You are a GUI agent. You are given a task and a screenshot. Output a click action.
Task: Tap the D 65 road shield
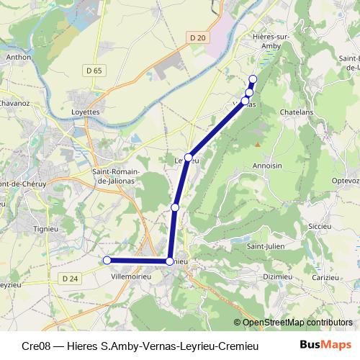(x=94, y=71)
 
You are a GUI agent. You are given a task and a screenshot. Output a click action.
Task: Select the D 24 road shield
(x=70, y=279)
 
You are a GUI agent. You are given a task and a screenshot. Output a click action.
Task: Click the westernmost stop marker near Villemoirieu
(x=107, y=260)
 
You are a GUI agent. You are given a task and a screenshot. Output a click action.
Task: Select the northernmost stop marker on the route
(x=253, y=79)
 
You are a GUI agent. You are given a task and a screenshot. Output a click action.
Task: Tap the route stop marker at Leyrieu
(x=188, y=158)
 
